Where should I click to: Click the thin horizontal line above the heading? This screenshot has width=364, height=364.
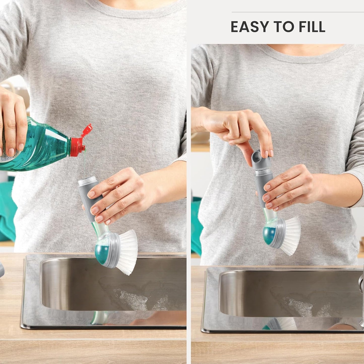(x=298, y=12)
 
